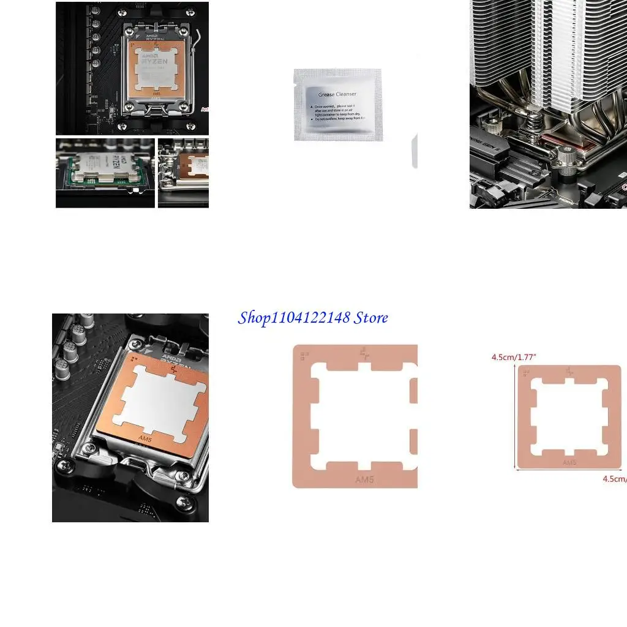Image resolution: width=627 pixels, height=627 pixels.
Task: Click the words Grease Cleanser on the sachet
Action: (x=337, y=94)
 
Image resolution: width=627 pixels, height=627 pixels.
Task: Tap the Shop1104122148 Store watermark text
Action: (x=313, y=318)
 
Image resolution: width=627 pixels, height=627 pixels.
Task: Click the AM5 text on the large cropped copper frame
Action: (x=364, y=479)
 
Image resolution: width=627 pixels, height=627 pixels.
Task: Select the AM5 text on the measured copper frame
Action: (x=569, y=462)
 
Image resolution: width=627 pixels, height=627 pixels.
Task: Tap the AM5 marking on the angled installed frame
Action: (x=145, y=438)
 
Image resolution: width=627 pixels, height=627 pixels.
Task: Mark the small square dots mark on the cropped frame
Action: (x=304, y=354)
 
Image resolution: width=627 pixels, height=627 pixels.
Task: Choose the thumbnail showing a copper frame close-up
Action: (x=183, y=173)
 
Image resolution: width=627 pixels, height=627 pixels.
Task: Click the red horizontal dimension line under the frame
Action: (x=569, y=470)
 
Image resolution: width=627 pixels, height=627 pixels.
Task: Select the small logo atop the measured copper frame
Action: (x=570, y=370)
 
